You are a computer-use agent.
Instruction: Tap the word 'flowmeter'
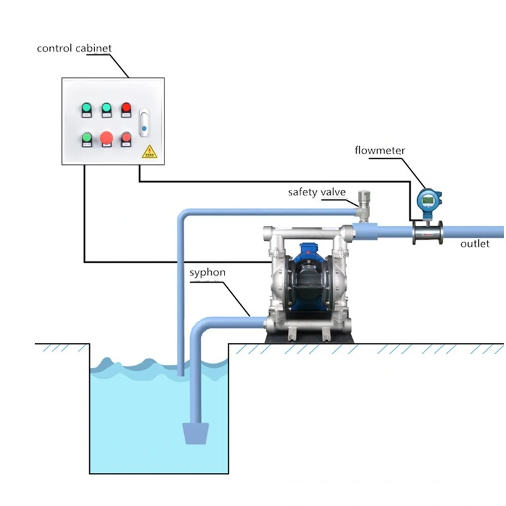pyautogui.click(x=379, y=151)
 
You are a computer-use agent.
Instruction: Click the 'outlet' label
pyautogui.click(x=474, y=244)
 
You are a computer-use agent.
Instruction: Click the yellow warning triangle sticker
pyautogui.click(x=149, y=152)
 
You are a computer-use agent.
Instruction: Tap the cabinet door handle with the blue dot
pyautogui.click(x=144, y=122)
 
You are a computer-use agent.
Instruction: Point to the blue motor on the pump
pyautogui.click(x=309, y=259)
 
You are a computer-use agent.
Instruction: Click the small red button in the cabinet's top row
pyautogui.click(x=126, y=108)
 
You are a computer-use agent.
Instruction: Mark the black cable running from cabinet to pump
pyautogui.click(x=85, y=221)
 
